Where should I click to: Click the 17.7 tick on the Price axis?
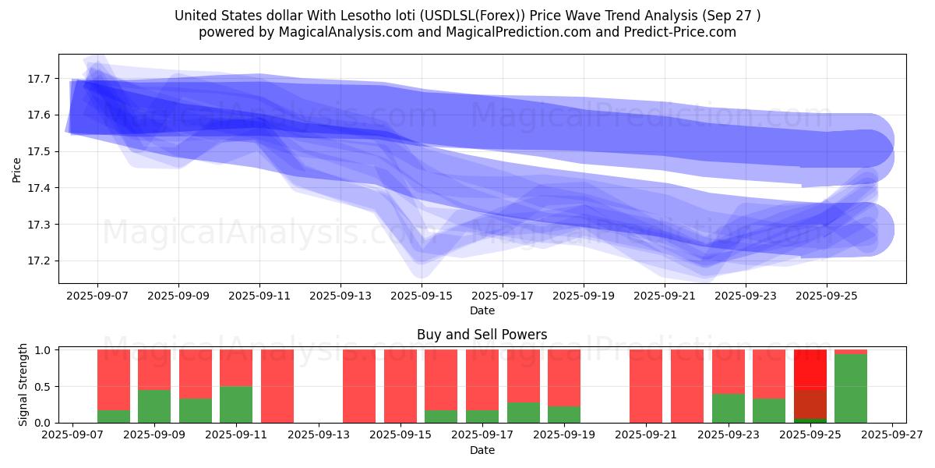[40, 79]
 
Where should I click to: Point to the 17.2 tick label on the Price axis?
[40, 261]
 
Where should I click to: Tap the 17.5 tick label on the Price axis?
[40, 151]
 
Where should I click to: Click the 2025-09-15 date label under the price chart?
[422, 296]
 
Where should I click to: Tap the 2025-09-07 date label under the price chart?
[97, 296]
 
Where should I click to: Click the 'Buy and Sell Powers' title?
[482, 335]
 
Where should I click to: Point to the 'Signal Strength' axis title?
[23, 385]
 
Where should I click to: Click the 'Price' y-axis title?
[17, 169]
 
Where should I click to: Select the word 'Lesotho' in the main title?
[364, 16]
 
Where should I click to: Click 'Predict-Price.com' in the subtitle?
[681, 32]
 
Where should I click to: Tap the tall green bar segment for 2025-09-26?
[851, 388]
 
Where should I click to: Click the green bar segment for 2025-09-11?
[236, 404]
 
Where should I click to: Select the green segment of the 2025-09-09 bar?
[154, 406]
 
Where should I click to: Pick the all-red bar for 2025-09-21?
[646, 386]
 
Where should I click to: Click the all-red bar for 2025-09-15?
[400, 386]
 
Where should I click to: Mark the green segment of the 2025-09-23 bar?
[728, 408]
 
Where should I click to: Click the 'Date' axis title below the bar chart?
[482, 450]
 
